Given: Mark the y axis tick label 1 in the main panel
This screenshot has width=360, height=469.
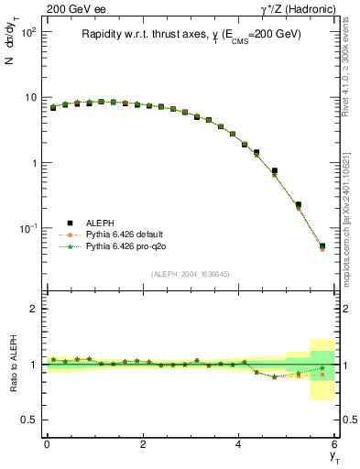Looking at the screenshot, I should (34, 162).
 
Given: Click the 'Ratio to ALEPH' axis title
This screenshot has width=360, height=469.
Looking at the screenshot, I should (12, 364).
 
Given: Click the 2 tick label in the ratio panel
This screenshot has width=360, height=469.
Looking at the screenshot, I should (34, 309).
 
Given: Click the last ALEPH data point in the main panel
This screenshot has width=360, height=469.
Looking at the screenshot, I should (322, 245).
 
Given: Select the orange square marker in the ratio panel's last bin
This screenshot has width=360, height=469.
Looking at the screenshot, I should (322, 375).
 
